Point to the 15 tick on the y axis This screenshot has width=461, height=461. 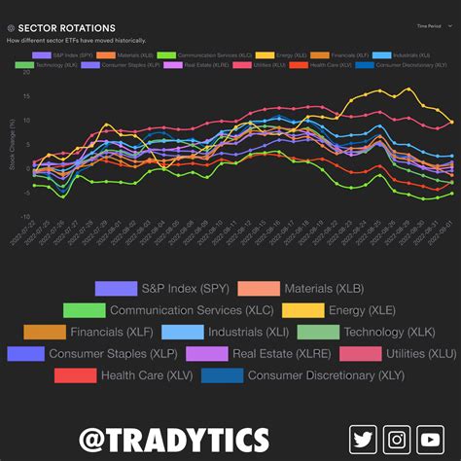[26, 97]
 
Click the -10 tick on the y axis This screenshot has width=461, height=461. [25, 217]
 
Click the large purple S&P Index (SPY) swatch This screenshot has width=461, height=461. [117, 288]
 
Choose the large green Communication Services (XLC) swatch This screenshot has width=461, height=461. [84, 310]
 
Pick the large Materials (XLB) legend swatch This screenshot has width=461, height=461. [258, 288]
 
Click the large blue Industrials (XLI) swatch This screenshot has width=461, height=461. [182, 332]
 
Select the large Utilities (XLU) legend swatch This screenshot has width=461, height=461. [360, 353]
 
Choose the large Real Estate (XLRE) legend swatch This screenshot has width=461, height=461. [207, 353]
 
